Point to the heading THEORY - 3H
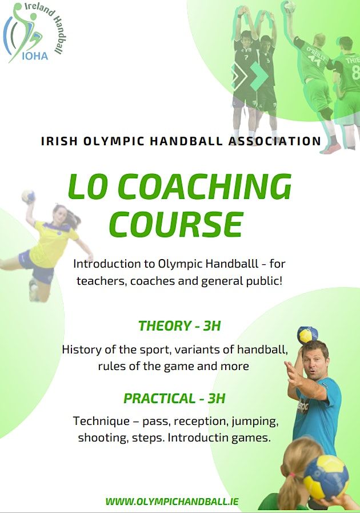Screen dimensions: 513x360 (179, 326)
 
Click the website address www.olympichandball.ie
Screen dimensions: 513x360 (172, 502)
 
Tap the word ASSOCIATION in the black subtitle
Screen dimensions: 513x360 (274, 141)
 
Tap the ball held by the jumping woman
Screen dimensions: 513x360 (27, 196)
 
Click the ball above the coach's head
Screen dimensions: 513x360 (307, 335)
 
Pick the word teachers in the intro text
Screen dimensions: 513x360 (98, 281)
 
